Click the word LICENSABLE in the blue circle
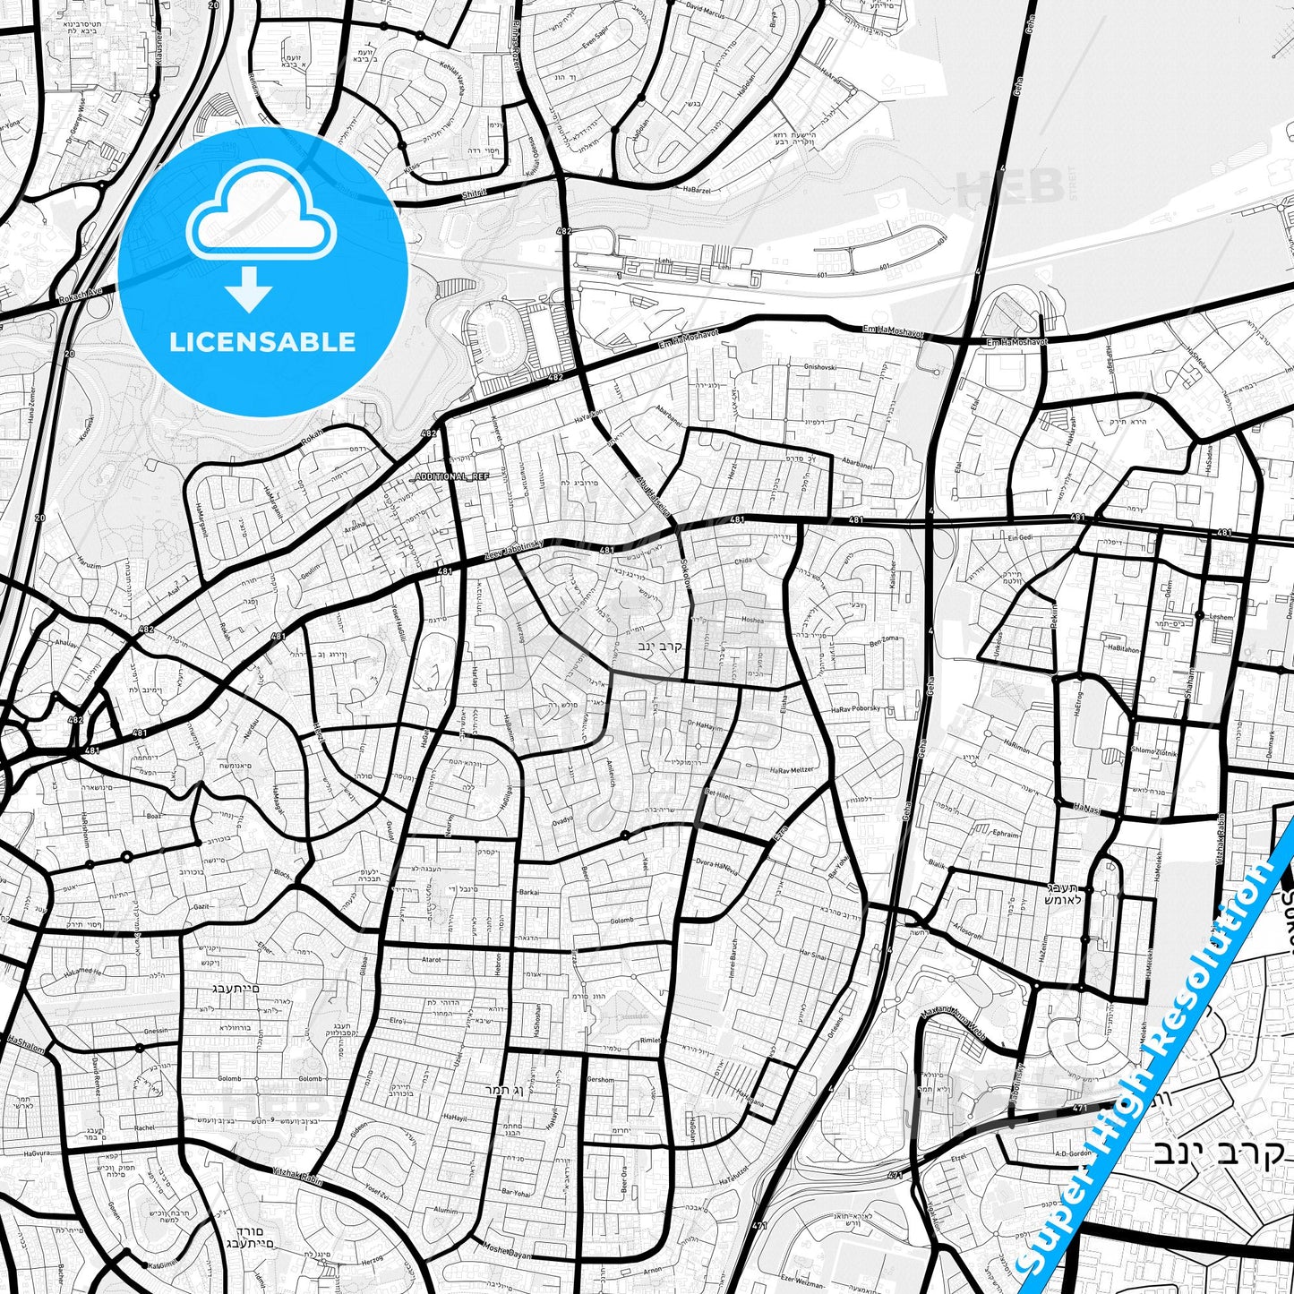point(262,342)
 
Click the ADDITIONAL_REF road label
point(452,476)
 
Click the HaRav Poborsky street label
point(856,708)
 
